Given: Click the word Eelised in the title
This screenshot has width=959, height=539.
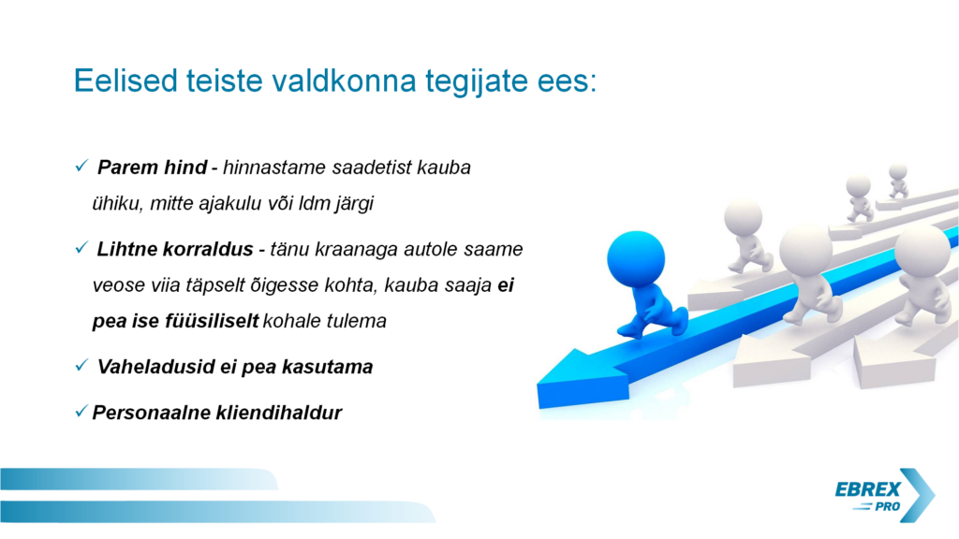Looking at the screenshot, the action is tap(126, 80).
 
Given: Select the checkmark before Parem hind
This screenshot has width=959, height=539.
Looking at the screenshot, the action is tap(81, 166).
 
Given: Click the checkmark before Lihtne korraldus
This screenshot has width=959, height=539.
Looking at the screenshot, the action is tap(81, 247).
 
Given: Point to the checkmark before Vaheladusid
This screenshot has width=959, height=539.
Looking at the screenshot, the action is tap(81, 365).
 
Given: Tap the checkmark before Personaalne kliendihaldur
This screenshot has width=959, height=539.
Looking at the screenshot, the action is tap(81, 412).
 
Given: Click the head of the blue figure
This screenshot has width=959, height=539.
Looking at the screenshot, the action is tap(636, 259).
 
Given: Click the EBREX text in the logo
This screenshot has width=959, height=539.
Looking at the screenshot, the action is tap(867, 489).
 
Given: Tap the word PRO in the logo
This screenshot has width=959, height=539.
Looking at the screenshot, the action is tap(888, 506).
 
